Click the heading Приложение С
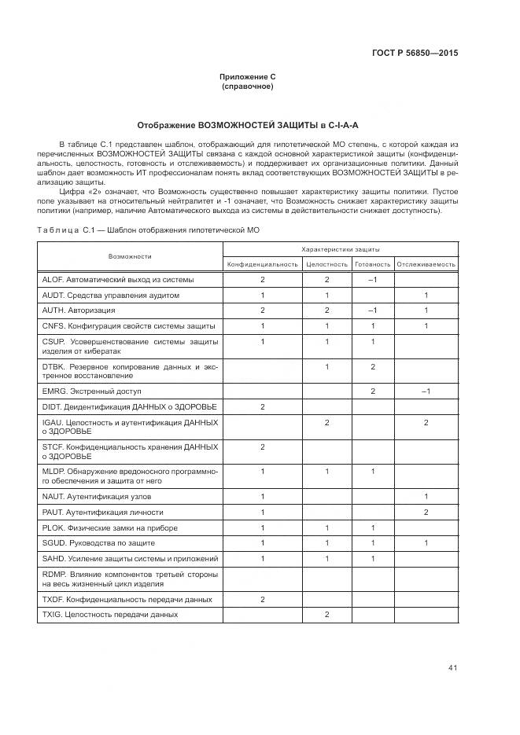pyautogui.click(x=248, y=77)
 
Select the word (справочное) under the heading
pyautogui.click(x=248, y=86)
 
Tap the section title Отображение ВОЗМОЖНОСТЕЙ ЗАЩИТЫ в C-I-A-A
pyautogui.click(x=248, y=125)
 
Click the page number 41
pyautogui.click(x=452, y=668)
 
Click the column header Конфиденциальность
pyautogui.click(x=263, y=264)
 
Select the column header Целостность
pyautogui.click(x=326, y=264)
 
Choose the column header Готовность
pyautogui.click(x=372, y=264)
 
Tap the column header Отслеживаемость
pyautogui.click(x=426, y=264)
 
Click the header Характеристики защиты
pyautogui.click(x=340, y=248)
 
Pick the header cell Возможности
pyautogui.click(x=130, y=256)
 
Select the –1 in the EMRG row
pyautogui.click(x=426, y=391)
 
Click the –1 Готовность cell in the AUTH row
pyautogui.click(x=372, y=311)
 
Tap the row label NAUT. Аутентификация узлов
pyautogui.click(x=96, y=497)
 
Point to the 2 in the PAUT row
pyautogui.click(x=426, y=513)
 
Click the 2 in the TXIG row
pyautogui.click(x=326, y=615)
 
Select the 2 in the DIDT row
pyautogui.click(x=263, y=406)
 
